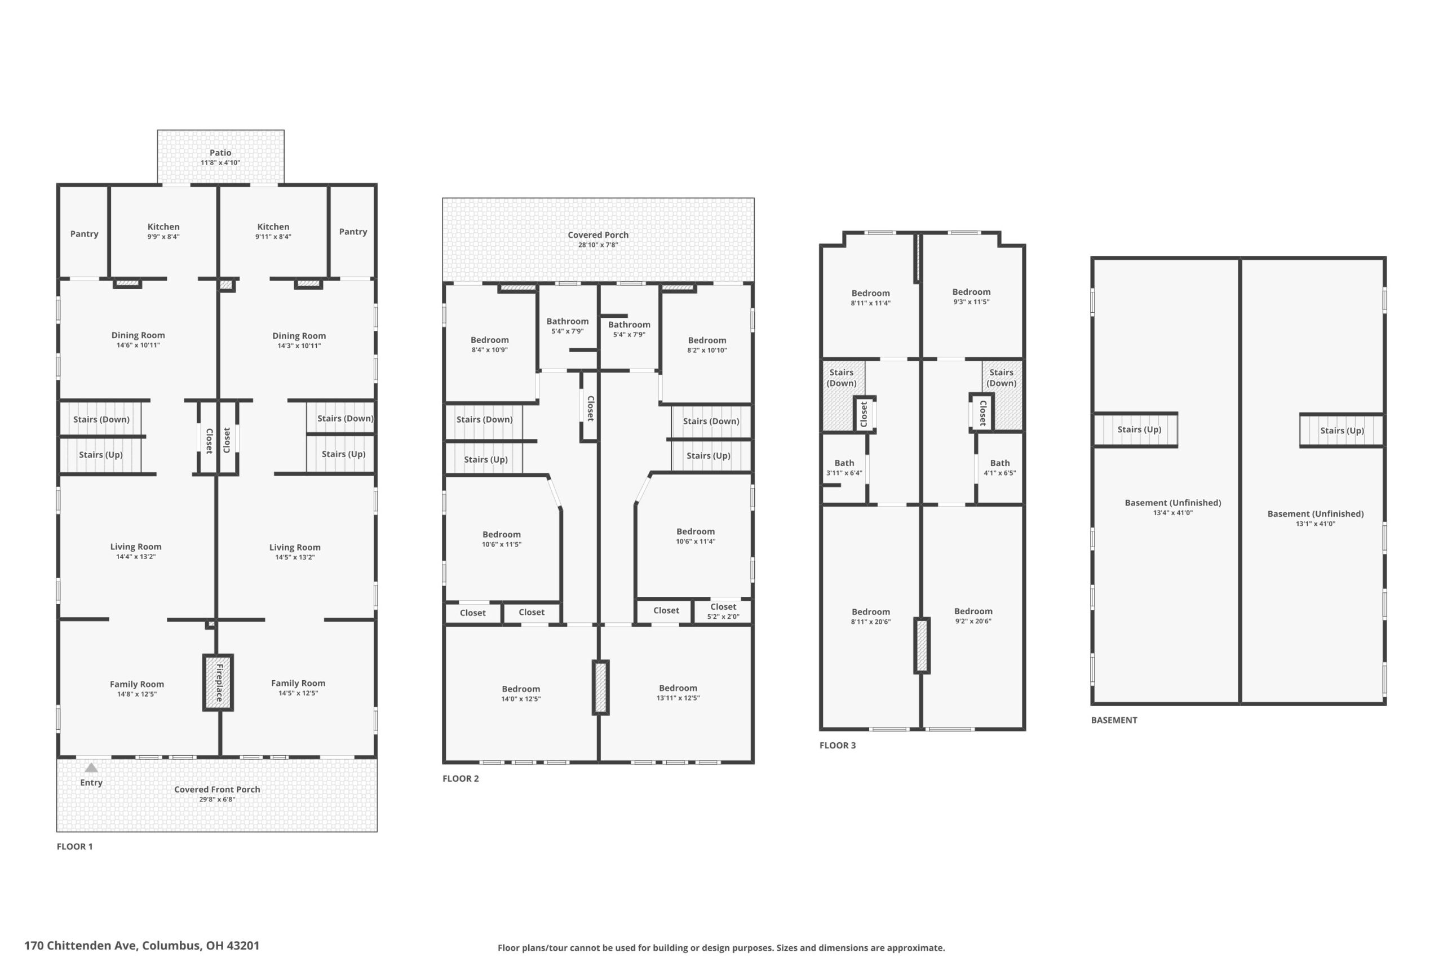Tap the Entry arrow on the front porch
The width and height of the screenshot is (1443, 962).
point(91,768)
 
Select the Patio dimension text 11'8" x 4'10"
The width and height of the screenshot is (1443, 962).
point(220,162)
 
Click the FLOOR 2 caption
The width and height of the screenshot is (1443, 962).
point(461,778)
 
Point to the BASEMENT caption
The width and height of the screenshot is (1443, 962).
point(1114,720)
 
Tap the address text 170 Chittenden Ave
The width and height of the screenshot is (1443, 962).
point(79,946)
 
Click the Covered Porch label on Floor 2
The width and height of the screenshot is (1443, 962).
point(598,234)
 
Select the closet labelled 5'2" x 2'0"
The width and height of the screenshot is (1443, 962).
point(723,611)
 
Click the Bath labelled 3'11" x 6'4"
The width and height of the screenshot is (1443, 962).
point(844,468)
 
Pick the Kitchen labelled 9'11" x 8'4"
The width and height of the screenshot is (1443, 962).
point(273,231)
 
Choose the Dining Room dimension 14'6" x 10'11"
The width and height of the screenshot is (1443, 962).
point(138,345)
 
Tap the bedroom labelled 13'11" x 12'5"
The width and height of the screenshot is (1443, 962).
point(678,693)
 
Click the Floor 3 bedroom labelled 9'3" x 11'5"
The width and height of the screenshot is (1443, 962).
point(971,296)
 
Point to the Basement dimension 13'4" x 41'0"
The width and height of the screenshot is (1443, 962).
point(1172,513)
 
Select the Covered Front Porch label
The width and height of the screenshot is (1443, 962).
point(217,790)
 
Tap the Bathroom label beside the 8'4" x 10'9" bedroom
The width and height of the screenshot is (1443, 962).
point(568,321)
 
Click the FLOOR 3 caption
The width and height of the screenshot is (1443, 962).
point(838,746)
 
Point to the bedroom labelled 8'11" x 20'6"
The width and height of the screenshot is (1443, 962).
point(870,617)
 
